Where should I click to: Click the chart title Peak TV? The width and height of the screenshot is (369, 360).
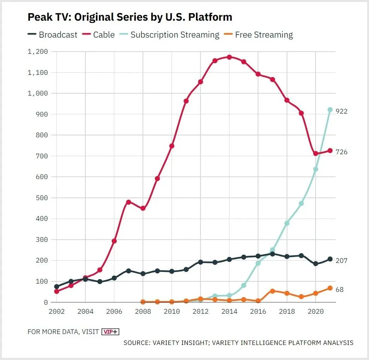pos(130,17)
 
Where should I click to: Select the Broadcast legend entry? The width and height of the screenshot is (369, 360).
pos(52,35)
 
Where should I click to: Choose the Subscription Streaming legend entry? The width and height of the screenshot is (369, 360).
pos(170,35)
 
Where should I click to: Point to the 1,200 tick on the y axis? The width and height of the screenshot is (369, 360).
pos(38,52)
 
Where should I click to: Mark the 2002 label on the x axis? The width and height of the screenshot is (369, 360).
pos(57,312)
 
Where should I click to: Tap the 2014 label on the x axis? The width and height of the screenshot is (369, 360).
pos(229,312)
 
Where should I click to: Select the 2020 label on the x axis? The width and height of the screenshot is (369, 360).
pos(316,312)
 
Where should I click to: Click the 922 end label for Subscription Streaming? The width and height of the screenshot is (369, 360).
pos(342,111)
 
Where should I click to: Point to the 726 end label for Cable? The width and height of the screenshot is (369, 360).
pos(342,152)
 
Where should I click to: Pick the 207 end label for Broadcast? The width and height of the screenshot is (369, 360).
pos(342,261)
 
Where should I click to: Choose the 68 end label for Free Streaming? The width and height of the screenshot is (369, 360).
pos(340,290)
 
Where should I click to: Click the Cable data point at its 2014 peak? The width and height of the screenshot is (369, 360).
pos(229,57)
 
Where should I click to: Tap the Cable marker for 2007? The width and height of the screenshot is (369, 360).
pos(129,202)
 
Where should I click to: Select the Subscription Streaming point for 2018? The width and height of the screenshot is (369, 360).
pos(287,223)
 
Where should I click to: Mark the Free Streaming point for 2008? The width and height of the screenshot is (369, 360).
pos(143,302)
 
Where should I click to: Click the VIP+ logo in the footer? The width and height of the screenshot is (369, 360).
pos(110,332)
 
